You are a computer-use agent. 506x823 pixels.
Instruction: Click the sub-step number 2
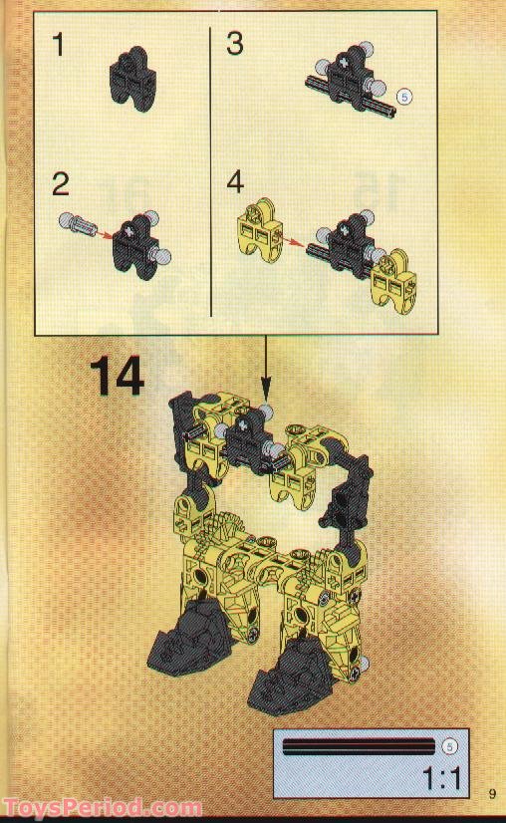click(62, 184)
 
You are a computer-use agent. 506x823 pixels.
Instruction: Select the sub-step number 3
click(235, 44)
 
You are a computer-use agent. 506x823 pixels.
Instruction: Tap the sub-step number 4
click(235, 182)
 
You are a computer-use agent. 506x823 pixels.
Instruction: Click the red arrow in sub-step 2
click(103, 231)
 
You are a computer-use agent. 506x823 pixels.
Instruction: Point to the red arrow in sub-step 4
click(291, 239)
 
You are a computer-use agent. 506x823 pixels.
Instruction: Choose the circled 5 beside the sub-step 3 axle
click(403, 97)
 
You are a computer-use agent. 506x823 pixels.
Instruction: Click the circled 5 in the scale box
click(449, 744)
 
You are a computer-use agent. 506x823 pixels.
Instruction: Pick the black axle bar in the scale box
click(359, 745)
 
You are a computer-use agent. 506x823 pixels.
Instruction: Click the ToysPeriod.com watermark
click(102, 808)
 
